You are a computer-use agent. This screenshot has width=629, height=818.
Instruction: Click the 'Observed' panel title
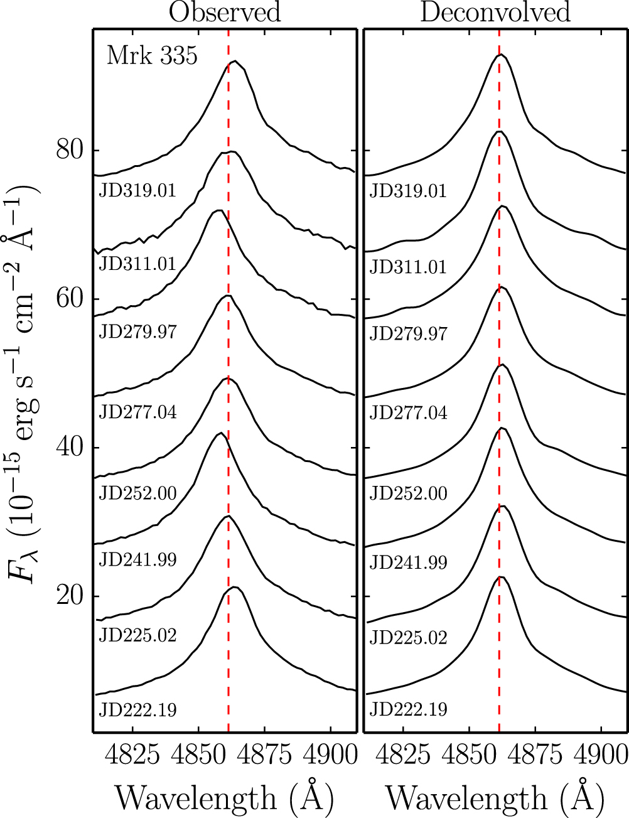click(x=225, y=13)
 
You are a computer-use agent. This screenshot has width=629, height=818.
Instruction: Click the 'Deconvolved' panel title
click(x=495, y=13)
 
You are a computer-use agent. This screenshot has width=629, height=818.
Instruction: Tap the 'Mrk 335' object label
click(x=152, y=56)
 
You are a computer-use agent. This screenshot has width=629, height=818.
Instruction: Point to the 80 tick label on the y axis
click(x=70, y=151)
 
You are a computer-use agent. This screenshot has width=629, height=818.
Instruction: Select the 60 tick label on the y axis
click(x=70, y=299)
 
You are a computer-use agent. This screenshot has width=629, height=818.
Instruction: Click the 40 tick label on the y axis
click(x=70, y=448)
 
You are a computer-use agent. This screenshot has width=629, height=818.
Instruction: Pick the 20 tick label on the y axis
click(x=70, y=596)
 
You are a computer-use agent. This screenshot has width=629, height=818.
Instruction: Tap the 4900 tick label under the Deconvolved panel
click(x=601, y=754)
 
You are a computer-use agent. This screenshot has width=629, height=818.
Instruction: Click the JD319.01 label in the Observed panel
click(x=137, y=190)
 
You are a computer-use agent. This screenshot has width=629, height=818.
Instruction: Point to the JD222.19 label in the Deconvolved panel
click(x=408, y=710)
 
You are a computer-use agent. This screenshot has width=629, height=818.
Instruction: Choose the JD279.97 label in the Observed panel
click(x=137, y=331)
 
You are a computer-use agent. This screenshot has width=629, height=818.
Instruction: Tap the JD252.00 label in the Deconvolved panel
click(x=408, y=493)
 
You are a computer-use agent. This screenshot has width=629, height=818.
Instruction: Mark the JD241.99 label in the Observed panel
click(x=137, y=559)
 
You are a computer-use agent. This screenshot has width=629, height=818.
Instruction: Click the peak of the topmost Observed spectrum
click(x=234, y=62)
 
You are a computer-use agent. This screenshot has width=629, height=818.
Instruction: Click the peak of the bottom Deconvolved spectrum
click(x=500, y=576)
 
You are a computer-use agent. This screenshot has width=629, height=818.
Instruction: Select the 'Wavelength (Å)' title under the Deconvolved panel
click(x=495, y=798)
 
